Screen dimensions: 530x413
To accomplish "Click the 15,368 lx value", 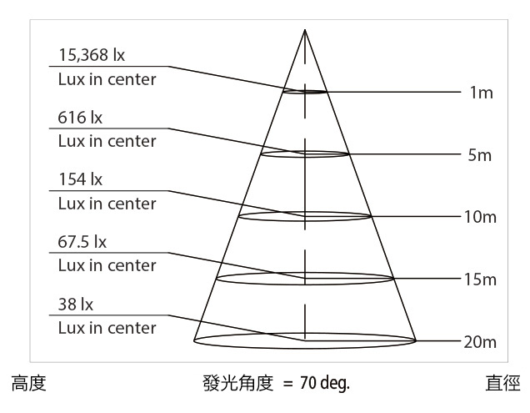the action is [x=92, y=55].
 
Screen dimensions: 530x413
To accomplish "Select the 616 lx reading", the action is [x=80, y=118].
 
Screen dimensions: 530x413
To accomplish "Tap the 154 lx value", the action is [x=81, y=179].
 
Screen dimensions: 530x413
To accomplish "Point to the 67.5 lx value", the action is [x=82, y=242].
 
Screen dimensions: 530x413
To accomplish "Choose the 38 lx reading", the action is [x=75, y=304].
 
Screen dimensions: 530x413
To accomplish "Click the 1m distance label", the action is [x=482, y=93].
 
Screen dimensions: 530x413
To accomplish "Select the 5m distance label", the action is [x=480, y=155].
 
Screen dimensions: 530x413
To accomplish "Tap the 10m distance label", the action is [x=480, y=217].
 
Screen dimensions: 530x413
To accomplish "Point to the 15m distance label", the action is [x=480, y=280].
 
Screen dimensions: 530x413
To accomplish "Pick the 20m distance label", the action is [x=480, y=342].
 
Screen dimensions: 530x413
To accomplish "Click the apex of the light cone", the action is [x=305, y=30].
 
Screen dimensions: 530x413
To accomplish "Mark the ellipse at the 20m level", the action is [x=305, y=349].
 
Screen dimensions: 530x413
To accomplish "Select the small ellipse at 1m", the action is [x=305, y=93].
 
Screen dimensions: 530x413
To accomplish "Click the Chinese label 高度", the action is [x=28, y=383].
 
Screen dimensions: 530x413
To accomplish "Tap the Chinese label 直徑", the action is [x=503, y=383].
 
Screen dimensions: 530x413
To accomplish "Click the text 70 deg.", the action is [x=324, y=383].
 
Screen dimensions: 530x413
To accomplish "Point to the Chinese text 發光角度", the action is [x=238, y=383].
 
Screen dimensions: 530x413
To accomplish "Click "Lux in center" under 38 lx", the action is [x=107, y=328].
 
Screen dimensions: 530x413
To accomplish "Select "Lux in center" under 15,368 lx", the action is [x=107, y=79].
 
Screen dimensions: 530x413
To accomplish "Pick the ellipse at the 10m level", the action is [x=305, y=221].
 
